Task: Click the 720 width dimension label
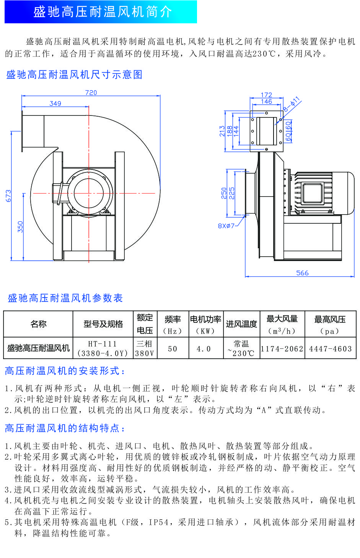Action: point(91,93)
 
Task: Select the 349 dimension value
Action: point(55,103)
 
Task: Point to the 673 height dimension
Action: point(8,196)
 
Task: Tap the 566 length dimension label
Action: point(302,273)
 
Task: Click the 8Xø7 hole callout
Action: point(226,226)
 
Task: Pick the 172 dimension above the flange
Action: point(266,94)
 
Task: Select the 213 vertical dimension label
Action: point(222,131)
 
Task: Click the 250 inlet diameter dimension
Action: point(224,193)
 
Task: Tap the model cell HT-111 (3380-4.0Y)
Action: point(103,348)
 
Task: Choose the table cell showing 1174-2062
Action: point(282,348)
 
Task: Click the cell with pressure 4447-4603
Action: point(330,348)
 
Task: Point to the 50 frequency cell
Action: point(173,348)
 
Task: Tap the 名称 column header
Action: point(38,324)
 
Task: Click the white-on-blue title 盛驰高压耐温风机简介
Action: point(103,12)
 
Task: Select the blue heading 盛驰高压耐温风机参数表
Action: point(65,298)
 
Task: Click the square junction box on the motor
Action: point(313,192)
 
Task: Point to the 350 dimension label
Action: point(20,226)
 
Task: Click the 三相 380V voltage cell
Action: point(145,348)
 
